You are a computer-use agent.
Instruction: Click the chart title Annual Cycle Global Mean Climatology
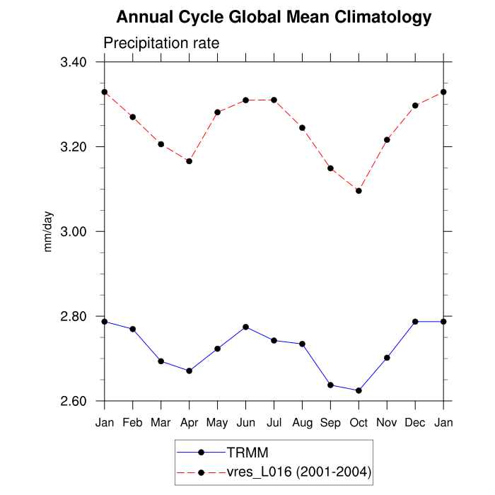pyautogui.click(x=274, y=17)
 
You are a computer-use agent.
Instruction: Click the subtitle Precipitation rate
pyautogui.click(x=161, y=43)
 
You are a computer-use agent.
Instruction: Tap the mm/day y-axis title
pyautogui.click(x=49, y=232)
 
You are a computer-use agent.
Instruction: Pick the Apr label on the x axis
pyautogui.click(x=190, y=423)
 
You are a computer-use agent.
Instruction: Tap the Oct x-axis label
pyautogui.click(x=359, y=423)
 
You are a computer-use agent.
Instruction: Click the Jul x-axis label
pyautogui.click(x=274, y=423)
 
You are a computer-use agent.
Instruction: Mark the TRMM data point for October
pyautogui.click(x=359, y=390)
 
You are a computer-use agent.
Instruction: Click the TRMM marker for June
pyautogui.click(x=245, y=327)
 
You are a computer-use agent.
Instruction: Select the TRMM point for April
pyautogui.click(x=190, y=371)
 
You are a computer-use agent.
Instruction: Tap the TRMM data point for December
pyautogui.click(x=415, y=322)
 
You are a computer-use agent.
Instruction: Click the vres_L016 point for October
pyautogui.click(x=359, y=191)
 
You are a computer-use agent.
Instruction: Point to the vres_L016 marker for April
pyautogui.click(x=190, y=161)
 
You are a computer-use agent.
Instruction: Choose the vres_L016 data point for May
pyautogui.click(x=218, y=112)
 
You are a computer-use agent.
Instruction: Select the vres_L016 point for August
pyautogui.click(x=302, y=128)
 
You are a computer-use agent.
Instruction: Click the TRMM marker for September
pyautogui.click(x=330, y=385)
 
